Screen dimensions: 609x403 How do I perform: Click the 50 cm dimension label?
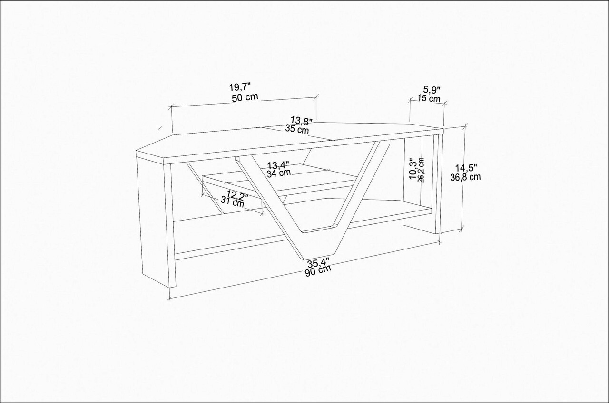coord(245,97)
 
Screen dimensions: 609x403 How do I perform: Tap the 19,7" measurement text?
coord(239,87)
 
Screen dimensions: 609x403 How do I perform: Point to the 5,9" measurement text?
coord(432,90)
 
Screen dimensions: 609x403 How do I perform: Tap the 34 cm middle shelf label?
coord(279,173)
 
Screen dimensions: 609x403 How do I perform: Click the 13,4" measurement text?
coord(278,165)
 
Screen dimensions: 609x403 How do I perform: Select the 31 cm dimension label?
coord(232,202)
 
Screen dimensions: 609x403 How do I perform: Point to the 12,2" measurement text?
coord(237,194)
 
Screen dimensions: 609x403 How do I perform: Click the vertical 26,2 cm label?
coord(422,171)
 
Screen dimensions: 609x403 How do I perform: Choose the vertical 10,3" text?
coord(413,169)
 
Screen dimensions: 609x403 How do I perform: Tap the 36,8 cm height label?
coord(465,177)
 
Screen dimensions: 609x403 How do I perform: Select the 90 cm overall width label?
coord(318,271)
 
